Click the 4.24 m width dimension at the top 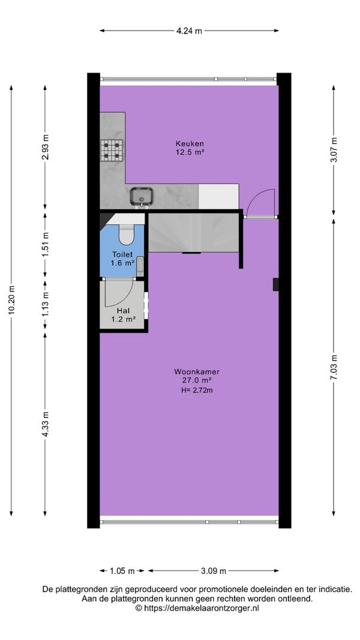pos(189,31)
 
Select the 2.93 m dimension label pos(45,146)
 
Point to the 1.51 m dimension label pos(45,245)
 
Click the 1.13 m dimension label pos(45,304)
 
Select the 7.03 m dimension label pos(334,367)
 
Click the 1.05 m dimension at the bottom pos(122,571)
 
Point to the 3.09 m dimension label pos(213,571)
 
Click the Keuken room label pos(190,143)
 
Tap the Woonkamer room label pos(197,372)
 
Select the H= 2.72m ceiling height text pos(197,390)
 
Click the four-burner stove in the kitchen pos(112,150)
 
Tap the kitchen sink pos(142,197)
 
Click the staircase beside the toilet pos(193,233)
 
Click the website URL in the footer pos(197,608)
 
